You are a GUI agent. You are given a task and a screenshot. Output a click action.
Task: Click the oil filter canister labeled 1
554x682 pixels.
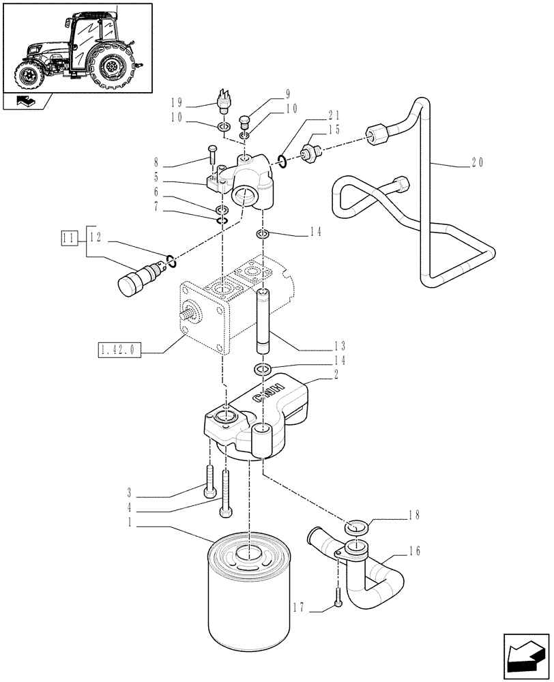coord(248,600)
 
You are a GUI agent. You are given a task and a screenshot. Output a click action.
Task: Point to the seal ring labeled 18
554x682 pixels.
coord(355,527)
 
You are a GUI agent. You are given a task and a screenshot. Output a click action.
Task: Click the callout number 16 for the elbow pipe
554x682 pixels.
coord(415,550)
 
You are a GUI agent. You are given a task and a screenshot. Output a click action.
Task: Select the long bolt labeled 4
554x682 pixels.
coord(224,495)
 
